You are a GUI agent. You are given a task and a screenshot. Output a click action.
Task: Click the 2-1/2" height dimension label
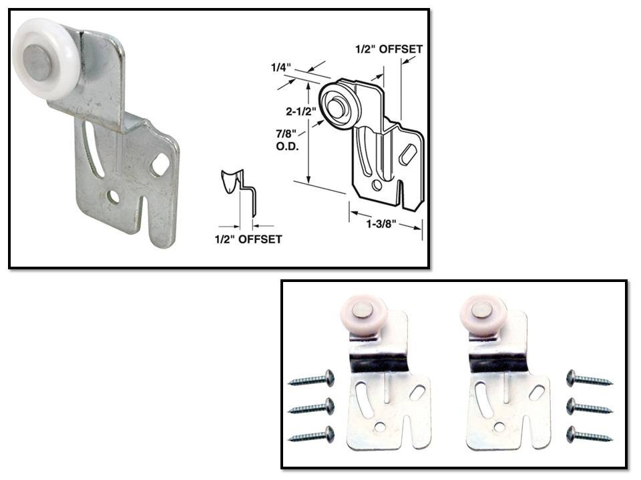coord(301,111)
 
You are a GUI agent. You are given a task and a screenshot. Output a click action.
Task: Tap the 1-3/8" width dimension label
coord(381,224)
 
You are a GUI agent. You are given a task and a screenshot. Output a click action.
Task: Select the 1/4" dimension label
coord(280,67)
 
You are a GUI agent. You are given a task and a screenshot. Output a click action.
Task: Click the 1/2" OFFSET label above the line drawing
coord(389,49)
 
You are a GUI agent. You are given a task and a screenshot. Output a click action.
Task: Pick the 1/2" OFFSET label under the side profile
coord(248,239)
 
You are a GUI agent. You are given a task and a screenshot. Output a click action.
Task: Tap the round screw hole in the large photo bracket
coord(112,197)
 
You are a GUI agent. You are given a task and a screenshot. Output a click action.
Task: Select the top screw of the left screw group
coord(312,378)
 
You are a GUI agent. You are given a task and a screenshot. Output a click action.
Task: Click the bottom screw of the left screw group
coord(312,434)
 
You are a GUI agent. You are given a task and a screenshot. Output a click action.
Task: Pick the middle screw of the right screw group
coord(590,407)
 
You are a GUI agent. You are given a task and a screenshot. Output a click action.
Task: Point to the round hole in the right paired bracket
coord(498,427)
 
